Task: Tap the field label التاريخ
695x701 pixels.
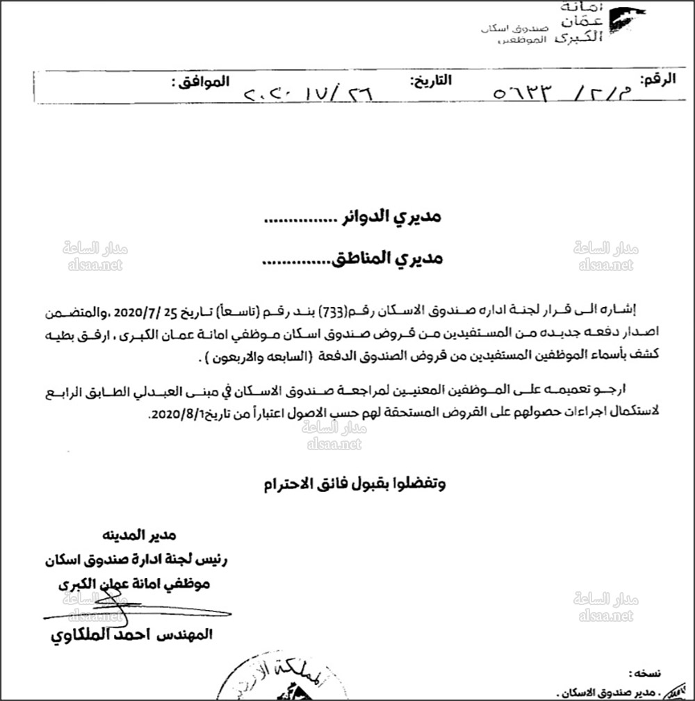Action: [431, 81]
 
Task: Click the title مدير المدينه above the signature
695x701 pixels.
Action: [143, 535]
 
